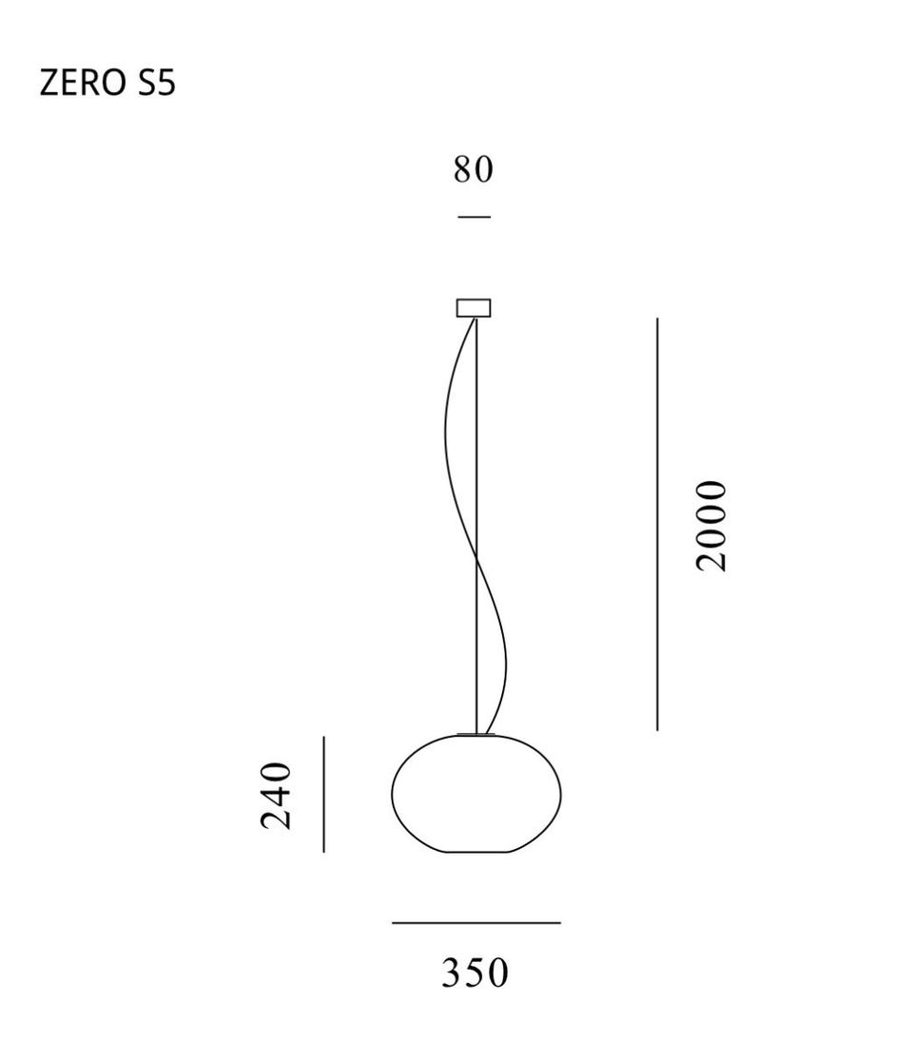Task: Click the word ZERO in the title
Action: pyautogui.click(x=83, y=84)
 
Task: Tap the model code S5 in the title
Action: pyautogui.click(x=157, y=84)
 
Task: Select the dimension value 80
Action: pyautogui.click(x=473, y=169)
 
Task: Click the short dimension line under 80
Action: pyautogui.click(x=474, y=216)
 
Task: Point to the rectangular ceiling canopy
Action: pyautogui.click(x=474, y=308)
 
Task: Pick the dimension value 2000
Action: pyautogui.click(x=711, y=526)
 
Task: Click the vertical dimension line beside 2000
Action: pyautogui.click(x=657, y=524)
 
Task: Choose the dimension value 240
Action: pyautogui.click(x=276, y=796)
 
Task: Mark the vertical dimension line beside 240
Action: pyautogui.click(x=323, y=794)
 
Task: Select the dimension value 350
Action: pyautogui.click(x=476, y=973)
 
